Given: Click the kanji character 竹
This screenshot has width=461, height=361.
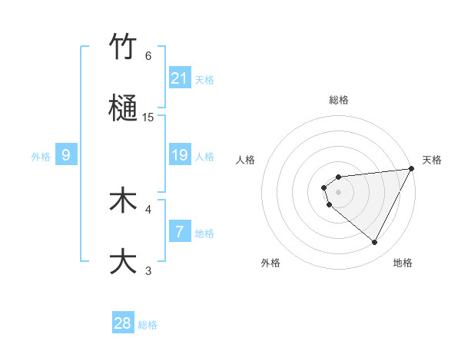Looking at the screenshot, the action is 124,48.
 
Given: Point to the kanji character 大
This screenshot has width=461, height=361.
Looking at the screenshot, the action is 124,260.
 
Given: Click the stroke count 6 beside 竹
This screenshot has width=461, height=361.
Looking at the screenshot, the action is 148,56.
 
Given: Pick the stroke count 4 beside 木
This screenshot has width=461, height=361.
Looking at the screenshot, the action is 148,208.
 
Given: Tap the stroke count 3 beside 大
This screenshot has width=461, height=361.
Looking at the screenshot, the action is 148,270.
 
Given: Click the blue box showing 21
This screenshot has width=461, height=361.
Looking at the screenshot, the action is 180,78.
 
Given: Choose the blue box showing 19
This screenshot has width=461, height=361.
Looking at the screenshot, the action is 180,155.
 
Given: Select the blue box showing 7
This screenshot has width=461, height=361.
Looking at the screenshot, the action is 180,232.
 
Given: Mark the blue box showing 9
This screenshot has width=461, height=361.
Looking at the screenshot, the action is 66,155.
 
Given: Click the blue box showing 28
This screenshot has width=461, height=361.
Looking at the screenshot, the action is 123,323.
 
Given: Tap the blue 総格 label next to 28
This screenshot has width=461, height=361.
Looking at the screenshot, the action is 148,325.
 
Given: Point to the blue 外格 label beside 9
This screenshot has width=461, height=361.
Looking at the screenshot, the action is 41,157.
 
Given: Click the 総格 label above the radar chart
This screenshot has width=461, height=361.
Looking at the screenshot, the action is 338,100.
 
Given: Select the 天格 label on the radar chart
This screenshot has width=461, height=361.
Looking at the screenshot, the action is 432,160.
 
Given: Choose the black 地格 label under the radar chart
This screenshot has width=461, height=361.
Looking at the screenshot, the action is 403,263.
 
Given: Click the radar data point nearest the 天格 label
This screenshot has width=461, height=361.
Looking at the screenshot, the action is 412,168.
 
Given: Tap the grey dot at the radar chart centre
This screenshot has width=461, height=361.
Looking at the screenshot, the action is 338,191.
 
